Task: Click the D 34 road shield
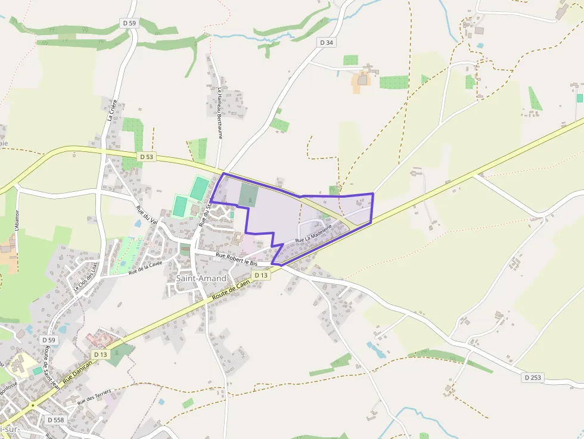coord(326,42)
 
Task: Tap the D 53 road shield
coord(146,157)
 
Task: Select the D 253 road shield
coord(535,378)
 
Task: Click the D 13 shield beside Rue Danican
coord(100,354)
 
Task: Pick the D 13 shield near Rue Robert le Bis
coord(261,275)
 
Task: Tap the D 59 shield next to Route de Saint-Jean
coord(49,340)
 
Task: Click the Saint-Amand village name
coord(201,278)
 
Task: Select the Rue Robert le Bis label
coord(237,259)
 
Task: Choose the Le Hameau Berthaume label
coord(220,113)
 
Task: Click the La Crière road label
coord(111,110)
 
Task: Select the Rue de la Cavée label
coord(145,267)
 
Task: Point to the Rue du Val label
coord(146,216)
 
